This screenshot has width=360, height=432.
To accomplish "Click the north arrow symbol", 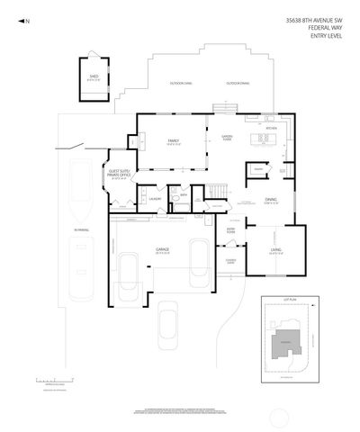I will (x=24, y=20).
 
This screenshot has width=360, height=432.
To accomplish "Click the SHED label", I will (x=93, y=77).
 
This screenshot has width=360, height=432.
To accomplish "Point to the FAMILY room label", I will (x=174, y=141).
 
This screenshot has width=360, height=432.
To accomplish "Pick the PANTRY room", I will (x=257, y=168).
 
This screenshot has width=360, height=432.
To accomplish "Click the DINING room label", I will (x=271, y=200).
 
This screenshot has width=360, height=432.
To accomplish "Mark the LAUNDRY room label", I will (x=155, y=198).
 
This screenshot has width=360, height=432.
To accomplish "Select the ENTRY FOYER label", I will (x=231, y=230).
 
